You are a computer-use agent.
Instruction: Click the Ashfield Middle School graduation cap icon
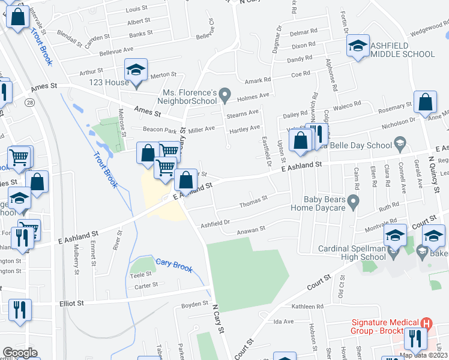358,46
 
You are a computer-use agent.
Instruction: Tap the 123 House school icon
136,70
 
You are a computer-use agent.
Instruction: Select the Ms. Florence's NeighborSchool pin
224,94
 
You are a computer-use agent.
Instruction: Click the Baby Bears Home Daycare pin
354,200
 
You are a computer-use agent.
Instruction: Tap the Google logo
20,353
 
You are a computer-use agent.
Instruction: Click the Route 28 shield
30,103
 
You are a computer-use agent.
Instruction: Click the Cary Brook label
174,265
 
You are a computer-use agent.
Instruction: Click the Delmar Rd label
303,32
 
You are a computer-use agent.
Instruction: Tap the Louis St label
137,10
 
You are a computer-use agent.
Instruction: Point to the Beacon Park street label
158,129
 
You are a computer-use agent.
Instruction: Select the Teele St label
142,274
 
